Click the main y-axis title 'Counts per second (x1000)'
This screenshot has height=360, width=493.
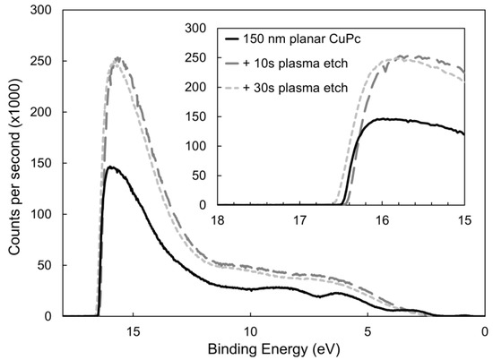click(12, 161)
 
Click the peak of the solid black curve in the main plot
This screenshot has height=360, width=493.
click(109, 167)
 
